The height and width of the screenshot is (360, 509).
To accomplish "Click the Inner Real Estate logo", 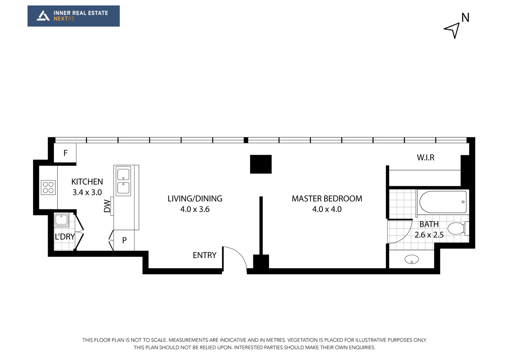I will pyautogui.click(x=73, y=16).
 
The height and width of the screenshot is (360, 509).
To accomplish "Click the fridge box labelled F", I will pyautogui.click(x=65, y=153).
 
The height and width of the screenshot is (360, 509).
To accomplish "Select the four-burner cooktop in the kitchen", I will pyautogui.click(x=48, y=187).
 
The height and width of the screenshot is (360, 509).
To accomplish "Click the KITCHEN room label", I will pyautogui.click(x=87, y=182).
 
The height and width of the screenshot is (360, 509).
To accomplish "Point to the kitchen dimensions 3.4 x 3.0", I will pyautogui.click(x=87, y=192).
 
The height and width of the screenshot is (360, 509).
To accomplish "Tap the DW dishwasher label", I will pyautogui.click(x=107, y=206).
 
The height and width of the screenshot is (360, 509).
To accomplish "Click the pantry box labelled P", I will pyautogui.click(x=124, y=240).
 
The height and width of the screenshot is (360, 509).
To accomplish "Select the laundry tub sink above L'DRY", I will pyautogui.click(x=61, y=220).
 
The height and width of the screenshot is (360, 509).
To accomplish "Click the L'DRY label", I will pyautogui.click(x=65, y=237).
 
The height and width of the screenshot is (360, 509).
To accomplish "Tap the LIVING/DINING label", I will pyautogui.click(x=195, y=199).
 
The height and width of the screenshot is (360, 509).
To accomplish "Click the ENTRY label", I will pyautogui.click(x=204, y=255).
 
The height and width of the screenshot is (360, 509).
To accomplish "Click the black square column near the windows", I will pyautogui.click(x=261, y=164).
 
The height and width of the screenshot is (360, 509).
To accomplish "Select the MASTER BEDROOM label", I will pyautogui.click(x=327, y=199).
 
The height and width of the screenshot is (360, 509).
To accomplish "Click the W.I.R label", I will pyautogui.click(x=425, y=158).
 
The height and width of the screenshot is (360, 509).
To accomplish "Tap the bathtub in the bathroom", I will pyautogui.click(x=443, y=202).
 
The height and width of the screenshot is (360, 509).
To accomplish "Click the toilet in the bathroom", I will pyautogui.click(x=456, y=229).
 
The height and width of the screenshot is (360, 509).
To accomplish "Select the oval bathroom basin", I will pyautogui.click(x=412, y=259).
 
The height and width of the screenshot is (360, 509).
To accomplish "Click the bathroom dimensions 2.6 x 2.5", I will pyautogui.click(x=429, y=235).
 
